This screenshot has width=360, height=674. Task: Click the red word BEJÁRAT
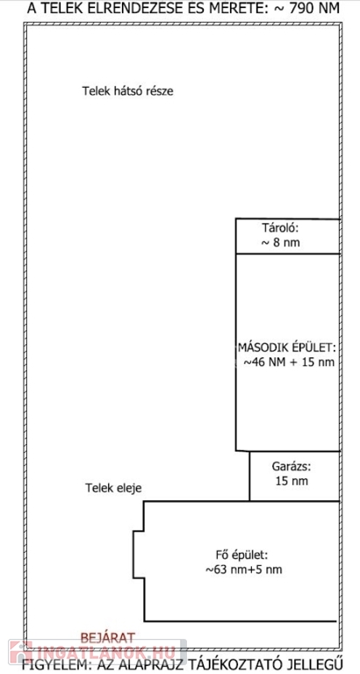click(x=108, y=637)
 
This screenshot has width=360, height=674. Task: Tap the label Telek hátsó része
click(x=127, y=91)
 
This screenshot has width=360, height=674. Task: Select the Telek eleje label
click(x=113, y=488)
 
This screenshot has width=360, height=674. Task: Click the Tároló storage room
click(x=288, y=236)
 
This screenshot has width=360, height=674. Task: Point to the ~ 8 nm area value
click(x=280, y=243)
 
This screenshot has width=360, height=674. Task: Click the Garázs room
click(x=295, y=477)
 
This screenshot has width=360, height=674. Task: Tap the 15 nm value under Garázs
click(x=292, y=481)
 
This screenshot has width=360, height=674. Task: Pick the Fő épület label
click(x=242, y=555)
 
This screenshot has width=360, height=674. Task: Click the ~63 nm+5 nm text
click(x=243, y=570)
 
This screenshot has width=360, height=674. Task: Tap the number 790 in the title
click(x=299, y=8)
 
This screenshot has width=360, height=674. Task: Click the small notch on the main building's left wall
click(x=139, y=555)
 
